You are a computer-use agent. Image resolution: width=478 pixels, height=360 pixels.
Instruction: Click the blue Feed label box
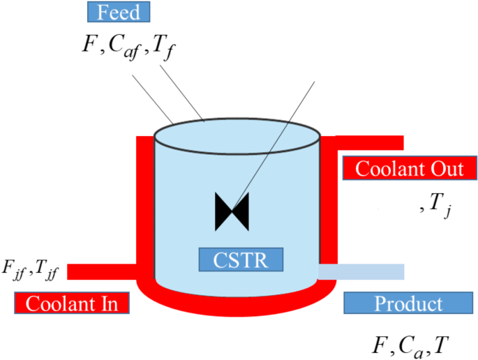click(x=118, y=13)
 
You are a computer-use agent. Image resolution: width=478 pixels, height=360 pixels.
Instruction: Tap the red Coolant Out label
click(x=410, y=169)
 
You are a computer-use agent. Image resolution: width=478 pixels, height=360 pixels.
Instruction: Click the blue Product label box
click(x=408, y=303)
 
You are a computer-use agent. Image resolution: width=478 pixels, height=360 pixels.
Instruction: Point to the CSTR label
click(x=241, y=259)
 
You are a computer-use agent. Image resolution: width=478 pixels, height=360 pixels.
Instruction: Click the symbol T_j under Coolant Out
click(x=440, y=204)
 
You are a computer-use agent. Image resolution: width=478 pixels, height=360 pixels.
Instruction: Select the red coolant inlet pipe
click(x=101, y=271)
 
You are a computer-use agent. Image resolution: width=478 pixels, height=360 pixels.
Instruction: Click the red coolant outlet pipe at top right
click(x=370, y=142)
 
